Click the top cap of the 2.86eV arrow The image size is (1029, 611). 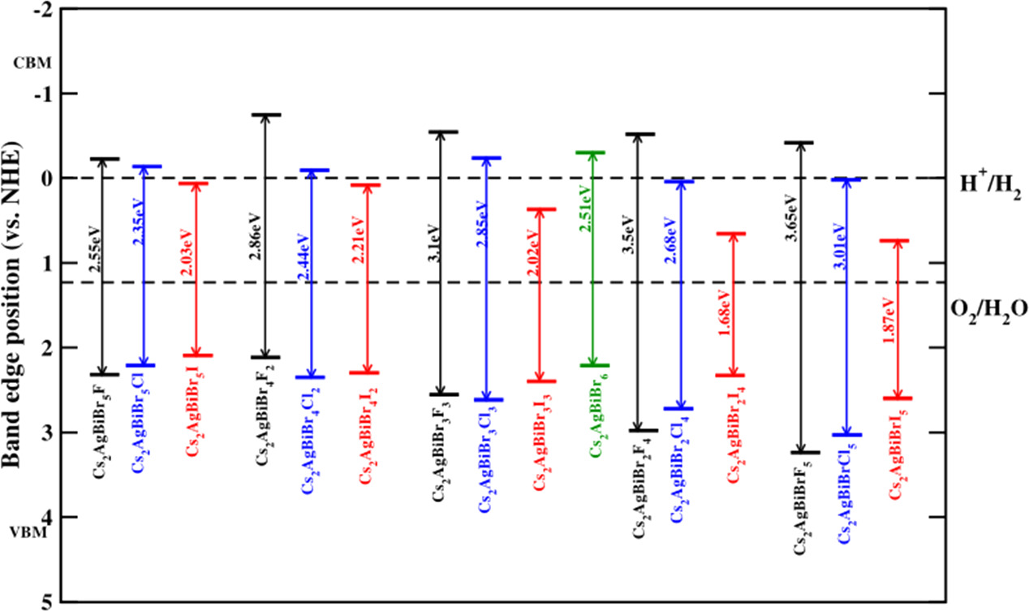(x=266, y=114)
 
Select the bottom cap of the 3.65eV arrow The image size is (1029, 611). (x=800, y=452)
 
